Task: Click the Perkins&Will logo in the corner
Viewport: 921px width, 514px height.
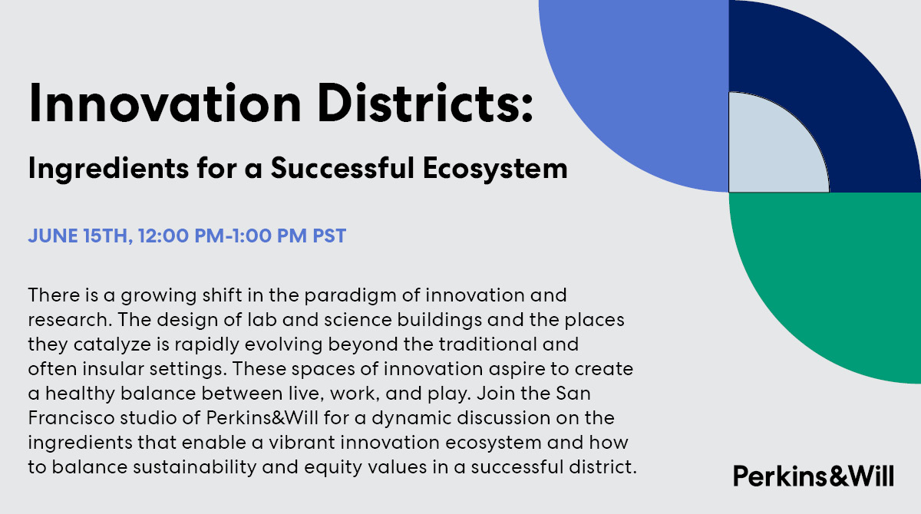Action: pos(814,476)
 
